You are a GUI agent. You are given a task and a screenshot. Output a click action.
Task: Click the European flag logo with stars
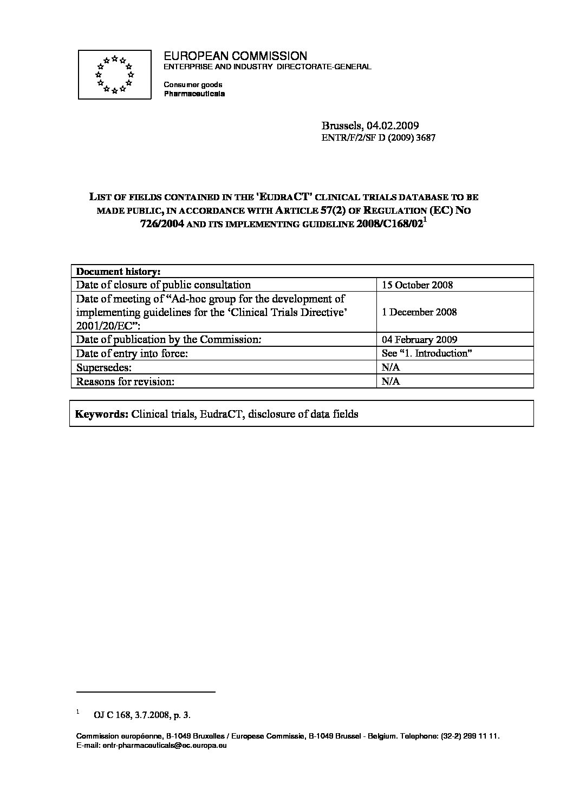114,74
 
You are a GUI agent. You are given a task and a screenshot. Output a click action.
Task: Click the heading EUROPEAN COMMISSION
235,56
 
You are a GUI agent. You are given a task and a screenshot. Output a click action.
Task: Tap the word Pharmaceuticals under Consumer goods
194,94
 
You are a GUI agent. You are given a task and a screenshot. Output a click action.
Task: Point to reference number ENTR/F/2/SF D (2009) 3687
379,138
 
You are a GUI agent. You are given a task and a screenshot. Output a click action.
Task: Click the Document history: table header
118,271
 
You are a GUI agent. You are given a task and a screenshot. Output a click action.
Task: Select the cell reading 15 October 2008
417,285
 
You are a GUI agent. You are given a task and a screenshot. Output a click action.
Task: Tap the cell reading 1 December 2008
419,312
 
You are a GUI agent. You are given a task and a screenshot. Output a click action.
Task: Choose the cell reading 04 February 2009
419,340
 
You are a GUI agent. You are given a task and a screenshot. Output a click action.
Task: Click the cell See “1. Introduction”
425,353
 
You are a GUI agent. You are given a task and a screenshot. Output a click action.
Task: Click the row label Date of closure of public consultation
163,285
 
